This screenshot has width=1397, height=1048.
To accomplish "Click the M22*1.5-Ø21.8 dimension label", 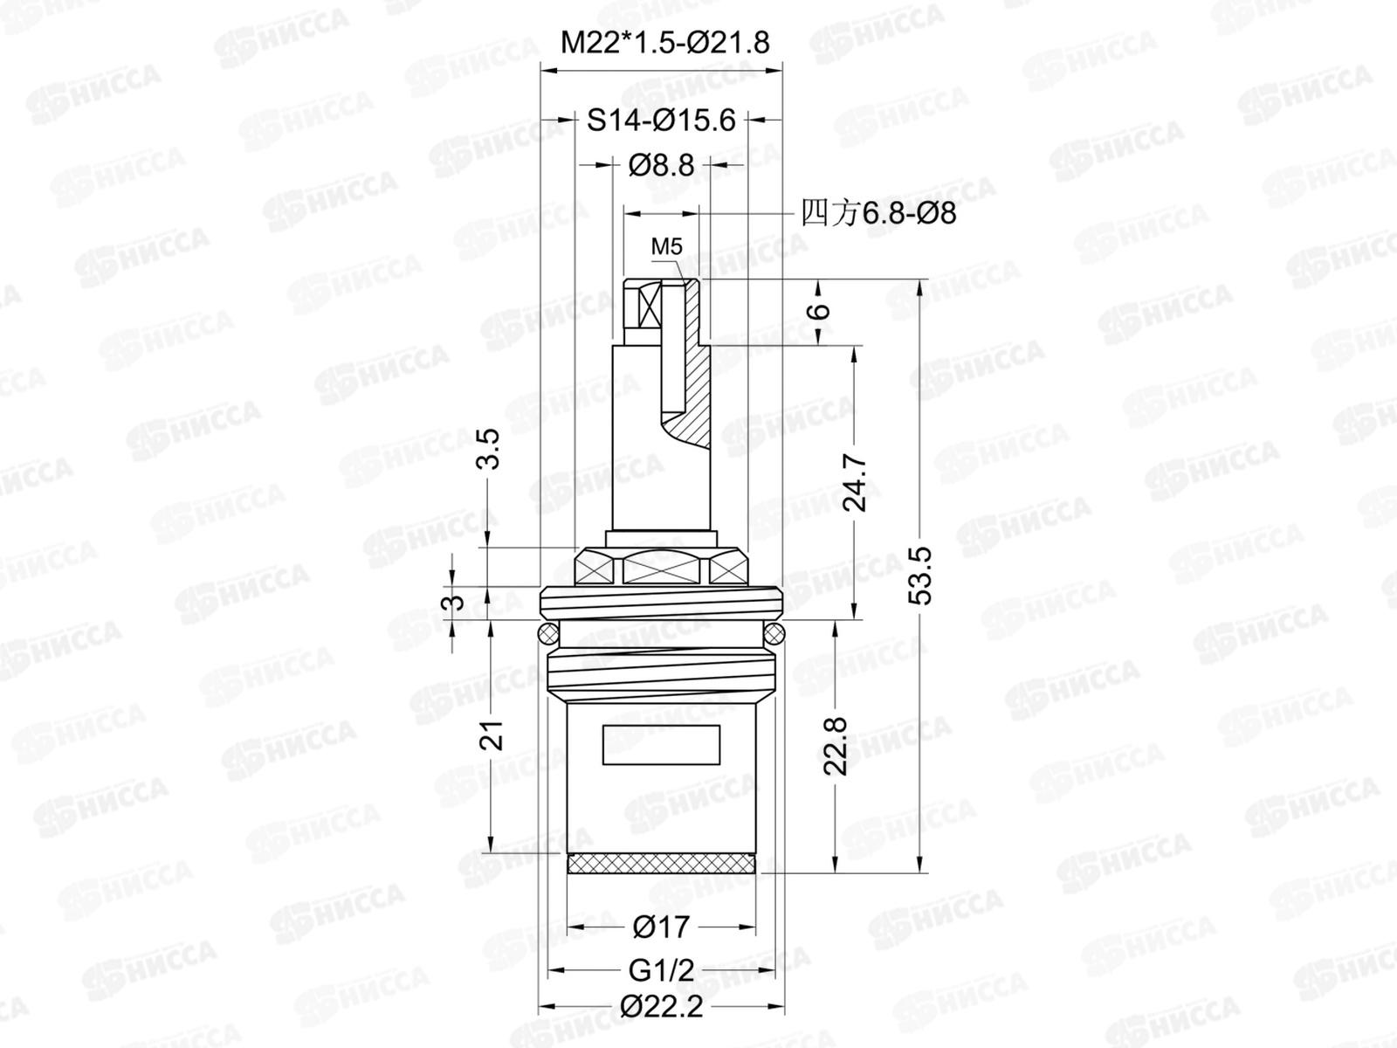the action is tap(664, 43).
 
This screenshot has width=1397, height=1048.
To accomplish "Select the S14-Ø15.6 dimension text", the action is tap(661, 120).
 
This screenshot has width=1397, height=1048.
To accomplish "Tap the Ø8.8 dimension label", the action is tap(661, 165).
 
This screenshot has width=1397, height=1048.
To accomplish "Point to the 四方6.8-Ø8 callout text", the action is tap(878, 213).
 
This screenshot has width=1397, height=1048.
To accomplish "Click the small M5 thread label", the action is tap(666, 246).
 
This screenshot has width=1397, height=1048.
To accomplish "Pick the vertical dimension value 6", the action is tap(821, 311).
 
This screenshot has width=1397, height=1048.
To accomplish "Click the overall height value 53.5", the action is tap(921, 576).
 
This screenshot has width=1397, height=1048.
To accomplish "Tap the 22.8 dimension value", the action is tap(836, 746).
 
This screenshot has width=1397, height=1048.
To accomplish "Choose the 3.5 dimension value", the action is tap(489, 449).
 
